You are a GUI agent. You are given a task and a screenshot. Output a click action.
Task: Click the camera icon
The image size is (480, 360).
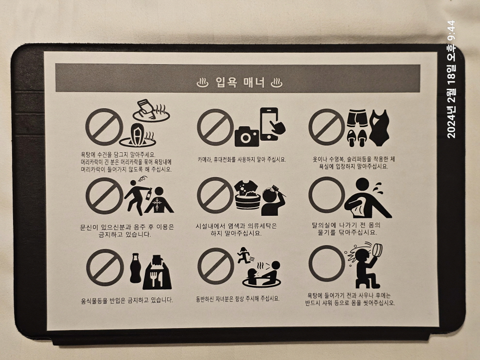pyautogui.click(x=247, y=137)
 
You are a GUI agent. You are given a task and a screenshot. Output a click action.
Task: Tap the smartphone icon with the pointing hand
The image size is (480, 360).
pyautogui.click(x=272, y=124)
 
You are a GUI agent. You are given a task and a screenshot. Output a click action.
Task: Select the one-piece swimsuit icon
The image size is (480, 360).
pyautogui.click(x=379, y=128)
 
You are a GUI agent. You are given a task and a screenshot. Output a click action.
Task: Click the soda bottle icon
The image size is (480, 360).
pyautogui.click(x=135, y=268)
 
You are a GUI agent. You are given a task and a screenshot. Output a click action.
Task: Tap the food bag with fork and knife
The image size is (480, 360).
pyautogui.click(x=158, y=272)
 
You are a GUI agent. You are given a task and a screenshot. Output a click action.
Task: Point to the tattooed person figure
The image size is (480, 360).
pyautogui.click(x=159, y=200)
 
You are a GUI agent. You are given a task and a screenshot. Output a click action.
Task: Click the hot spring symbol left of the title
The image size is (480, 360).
pyautogui.click(x=202, y=82)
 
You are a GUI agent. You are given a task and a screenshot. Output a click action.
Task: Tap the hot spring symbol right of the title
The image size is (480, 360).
pyautogui.click(x=277, y=82)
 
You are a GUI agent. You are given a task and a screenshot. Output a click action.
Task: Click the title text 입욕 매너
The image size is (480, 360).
pyautogui.click(x=240, y=82)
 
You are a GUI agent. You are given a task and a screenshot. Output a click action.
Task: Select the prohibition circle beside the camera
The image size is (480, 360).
pyautogui.click(x=215, y=127)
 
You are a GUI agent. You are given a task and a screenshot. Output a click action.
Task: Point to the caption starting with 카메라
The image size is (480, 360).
pyautogui.click(x=241, y=159)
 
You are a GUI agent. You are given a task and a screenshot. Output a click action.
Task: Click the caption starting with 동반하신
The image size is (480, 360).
pyautogui.click(x=238, y=299)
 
